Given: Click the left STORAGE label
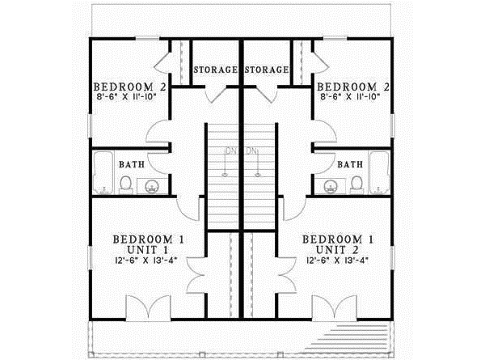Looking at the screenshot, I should tap(214, 70).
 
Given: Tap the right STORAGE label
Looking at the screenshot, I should tap(268, 70).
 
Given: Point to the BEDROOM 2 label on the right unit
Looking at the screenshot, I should tap(354, 86).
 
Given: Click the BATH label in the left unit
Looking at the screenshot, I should tap(133, 164).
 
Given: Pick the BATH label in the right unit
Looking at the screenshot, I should tap(349, 164).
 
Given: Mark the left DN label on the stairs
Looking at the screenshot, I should tap(231, 150).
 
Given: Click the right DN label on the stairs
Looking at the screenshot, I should tap(252, 150).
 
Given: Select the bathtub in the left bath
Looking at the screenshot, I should tap(103, 172).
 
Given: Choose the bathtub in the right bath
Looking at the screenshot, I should tap(380, 172).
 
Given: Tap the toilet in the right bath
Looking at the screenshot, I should tap(356, 187).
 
